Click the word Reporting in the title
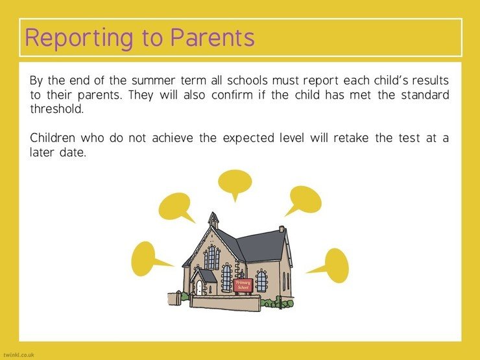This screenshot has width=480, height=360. tap(79, 39)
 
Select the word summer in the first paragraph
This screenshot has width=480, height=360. tap(153, 81)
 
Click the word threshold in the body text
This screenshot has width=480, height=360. tap(57, 109)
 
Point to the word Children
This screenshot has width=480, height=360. tap(53, 138)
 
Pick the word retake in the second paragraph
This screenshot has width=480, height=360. tap(351, 138)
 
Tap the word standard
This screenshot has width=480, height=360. tap(425, 95)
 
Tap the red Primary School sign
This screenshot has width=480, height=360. tap(243, 285)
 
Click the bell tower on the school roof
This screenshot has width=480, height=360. tap(213, 220)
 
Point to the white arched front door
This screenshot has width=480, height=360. tap(199, 288)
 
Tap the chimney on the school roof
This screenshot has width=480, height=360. tap(282, 229)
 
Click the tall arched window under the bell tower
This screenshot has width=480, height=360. tap(211, 257)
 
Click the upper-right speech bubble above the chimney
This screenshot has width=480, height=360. tap(306, 199)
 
